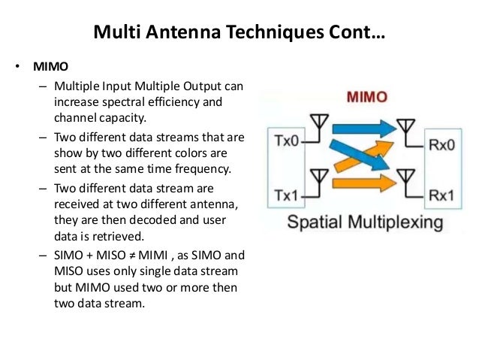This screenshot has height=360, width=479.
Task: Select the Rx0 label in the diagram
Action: pos(441,143)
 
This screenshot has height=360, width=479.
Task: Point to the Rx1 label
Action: pos(441,195)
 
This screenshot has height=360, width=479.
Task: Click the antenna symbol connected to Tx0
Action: pos(319,122)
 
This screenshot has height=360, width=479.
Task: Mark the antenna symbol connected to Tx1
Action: pos(319,177)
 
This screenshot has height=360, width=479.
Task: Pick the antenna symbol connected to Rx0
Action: pos(406,124)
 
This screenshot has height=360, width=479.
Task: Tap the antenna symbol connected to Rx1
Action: pos(406,177)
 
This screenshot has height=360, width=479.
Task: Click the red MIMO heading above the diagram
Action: pos(367,97)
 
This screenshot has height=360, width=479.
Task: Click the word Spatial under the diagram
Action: pos(314,222)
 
